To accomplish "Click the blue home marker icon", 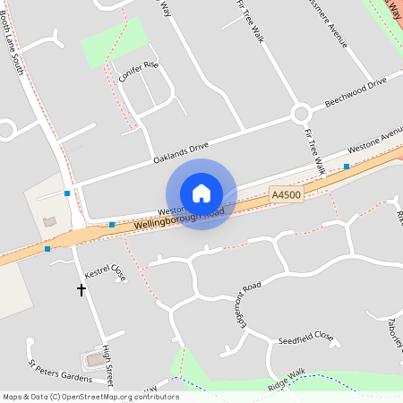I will pyautogui.click(x=201, y=193).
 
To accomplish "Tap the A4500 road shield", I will pyautogui.click(x=285, y=193).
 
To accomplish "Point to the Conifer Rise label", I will pyautogui.click(x=138, y=71).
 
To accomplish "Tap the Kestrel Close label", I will pyautogui.click(x=105, y=272).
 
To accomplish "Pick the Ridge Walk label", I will pyautogui.click(x=287, y=381).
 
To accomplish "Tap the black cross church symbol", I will pyautogui.click(x=81, y=290).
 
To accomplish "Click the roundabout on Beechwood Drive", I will pyautogui.click(x=300, y=114).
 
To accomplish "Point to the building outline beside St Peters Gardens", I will pyautogui.click(x=93, y=360).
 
